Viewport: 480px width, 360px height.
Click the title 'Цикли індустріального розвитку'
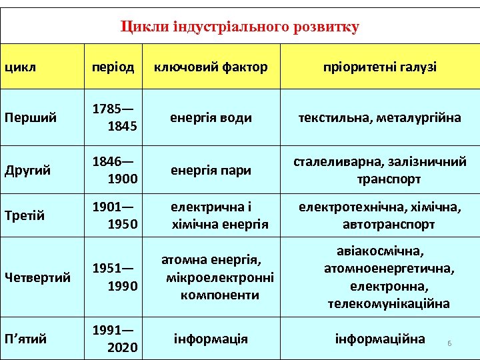click(240, 27)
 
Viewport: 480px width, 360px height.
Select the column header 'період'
click(113, 67)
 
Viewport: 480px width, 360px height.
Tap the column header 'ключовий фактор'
click(211, 67)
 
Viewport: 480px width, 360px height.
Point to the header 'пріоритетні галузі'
click(380, 67)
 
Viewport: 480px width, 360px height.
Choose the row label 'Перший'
click(30, 118)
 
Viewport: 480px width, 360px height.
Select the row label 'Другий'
click(29, 170)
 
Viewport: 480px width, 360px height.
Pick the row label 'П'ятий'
click(26, 339)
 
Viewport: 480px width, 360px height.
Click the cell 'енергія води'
click(211, 118)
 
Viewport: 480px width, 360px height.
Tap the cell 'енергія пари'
click(211, 170)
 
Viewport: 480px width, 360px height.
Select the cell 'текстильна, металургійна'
click(380, 118)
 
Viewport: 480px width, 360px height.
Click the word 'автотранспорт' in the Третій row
click(389, 225)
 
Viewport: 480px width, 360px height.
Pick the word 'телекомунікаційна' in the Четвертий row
click(389, 304)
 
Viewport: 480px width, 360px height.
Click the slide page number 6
click(449, 343)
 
